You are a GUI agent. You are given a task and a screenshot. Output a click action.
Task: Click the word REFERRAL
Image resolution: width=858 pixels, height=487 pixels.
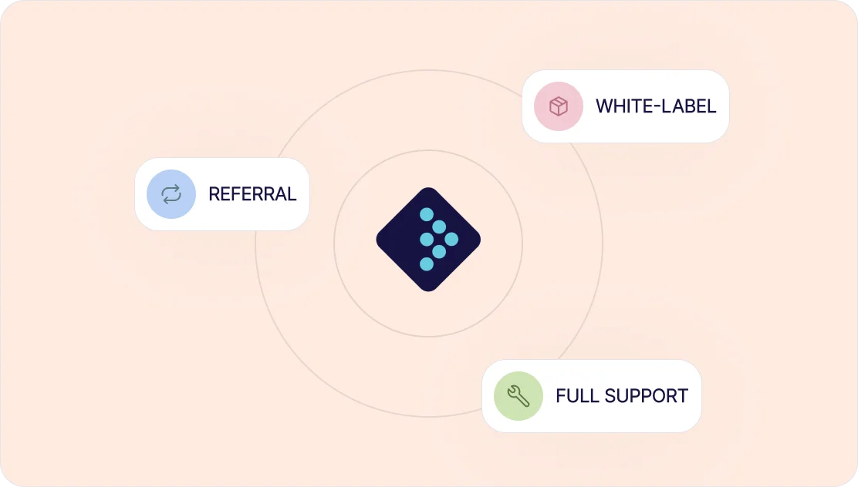[x=252, y=194]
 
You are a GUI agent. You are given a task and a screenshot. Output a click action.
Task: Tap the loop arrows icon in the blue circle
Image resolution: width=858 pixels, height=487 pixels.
[x=171, y=194]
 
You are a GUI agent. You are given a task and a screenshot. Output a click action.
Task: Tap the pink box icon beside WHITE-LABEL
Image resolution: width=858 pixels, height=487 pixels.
[x=559, y=106]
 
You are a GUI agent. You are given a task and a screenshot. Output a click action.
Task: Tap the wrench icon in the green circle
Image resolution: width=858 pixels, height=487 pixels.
[x=519, y=396]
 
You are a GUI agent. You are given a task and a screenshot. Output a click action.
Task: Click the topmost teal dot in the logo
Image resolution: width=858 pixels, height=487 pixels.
[x=427, y=214]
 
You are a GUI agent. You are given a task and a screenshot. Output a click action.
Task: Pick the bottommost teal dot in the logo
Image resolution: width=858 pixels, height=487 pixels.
[x=427, y=264]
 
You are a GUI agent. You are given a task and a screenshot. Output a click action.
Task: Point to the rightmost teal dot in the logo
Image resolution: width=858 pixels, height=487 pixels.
[x=451, y=239]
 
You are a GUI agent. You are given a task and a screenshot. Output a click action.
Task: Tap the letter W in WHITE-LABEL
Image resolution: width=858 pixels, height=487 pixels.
[x=604, y=106]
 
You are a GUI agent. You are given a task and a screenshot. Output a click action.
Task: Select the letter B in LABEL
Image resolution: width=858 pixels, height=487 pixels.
[x=691, y=106]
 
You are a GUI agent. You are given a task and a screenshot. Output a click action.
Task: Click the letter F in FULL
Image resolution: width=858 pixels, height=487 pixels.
[x=560, y=396]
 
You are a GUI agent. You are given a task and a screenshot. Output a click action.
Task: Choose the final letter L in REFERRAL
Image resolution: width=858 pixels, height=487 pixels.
[x=292, y=194]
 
